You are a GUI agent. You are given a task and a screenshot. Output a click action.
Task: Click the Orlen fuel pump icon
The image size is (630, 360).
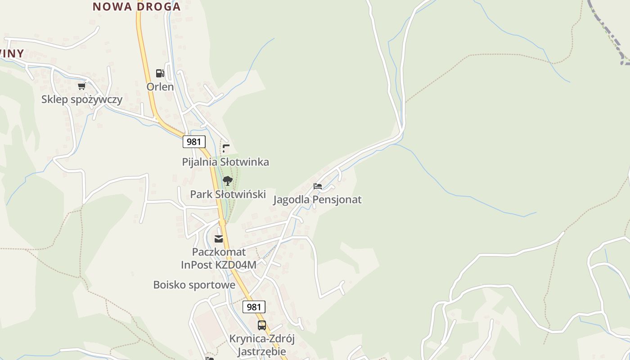click(160, 73)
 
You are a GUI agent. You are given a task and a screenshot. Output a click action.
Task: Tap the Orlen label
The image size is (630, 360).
click(160, 86)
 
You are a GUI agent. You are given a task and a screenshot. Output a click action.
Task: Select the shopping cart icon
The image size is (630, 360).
click(81, 86)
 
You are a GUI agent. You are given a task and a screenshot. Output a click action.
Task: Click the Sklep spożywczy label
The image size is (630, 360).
click(82, 99)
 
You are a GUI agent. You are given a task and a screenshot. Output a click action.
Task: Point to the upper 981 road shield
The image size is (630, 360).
click(194, 142)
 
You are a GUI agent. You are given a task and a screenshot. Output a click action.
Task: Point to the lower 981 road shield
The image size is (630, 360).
click(254, 307)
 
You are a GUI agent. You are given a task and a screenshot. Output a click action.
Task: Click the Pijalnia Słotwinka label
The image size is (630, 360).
click(225, 162)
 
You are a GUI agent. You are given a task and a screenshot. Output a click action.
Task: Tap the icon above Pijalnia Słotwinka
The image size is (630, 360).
click(226, 148)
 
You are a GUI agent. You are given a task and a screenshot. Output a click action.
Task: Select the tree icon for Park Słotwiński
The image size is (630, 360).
click(228, 181)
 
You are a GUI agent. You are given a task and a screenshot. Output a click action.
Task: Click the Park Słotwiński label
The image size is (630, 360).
click(228, 194)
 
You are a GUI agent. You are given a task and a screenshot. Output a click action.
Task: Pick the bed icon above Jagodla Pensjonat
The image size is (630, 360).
click(318, 186)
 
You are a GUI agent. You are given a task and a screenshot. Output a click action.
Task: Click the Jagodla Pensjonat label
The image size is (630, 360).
click(317, 199)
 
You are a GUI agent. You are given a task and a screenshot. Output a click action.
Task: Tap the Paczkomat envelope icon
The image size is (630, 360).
click(219, 238)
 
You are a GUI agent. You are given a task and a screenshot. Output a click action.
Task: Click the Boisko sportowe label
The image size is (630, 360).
click(194, 285)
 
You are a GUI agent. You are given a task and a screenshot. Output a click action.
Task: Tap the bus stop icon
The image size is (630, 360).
click(261, 325)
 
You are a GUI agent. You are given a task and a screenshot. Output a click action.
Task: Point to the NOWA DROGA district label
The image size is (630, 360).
click(137, 7)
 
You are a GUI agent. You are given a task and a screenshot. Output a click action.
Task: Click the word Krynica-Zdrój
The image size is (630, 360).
click(262, 338)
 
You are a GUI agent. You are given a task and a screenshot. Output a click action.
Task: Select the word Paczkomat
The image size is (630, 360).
click(219, 252)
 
